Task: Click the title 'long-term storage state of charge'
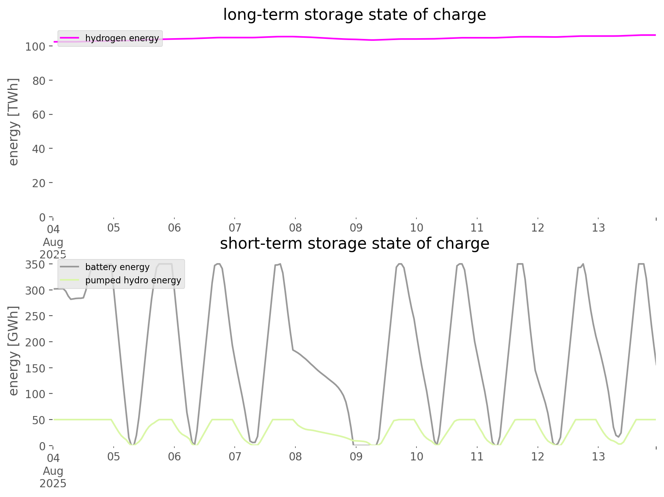click(x=354, y=15)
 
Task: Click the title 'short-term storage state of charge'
click(x=354, y=244)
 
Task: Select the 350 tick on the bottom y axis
click(x=35, y=265)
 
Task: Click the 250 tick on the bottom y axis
click(x=35, y=316)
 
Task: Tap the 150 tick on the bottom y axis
click(x=35, y=368)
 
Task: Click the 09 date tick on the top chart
click(x=356, y=228)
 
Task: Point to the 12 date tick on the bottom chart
click(x=538, y=457)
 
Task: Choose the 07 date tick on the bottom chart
click(x=235, y=457)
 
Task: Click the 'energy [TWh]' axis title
click(x=14, y=122)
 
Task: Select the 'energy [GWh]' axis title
click(x=14, y=351)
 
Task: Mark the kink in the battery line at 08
click(x=293, y=350)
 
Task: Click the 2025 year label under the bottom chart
click(x=53, y=484)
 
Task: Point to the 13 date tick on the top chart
click(x=599, y=228)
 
